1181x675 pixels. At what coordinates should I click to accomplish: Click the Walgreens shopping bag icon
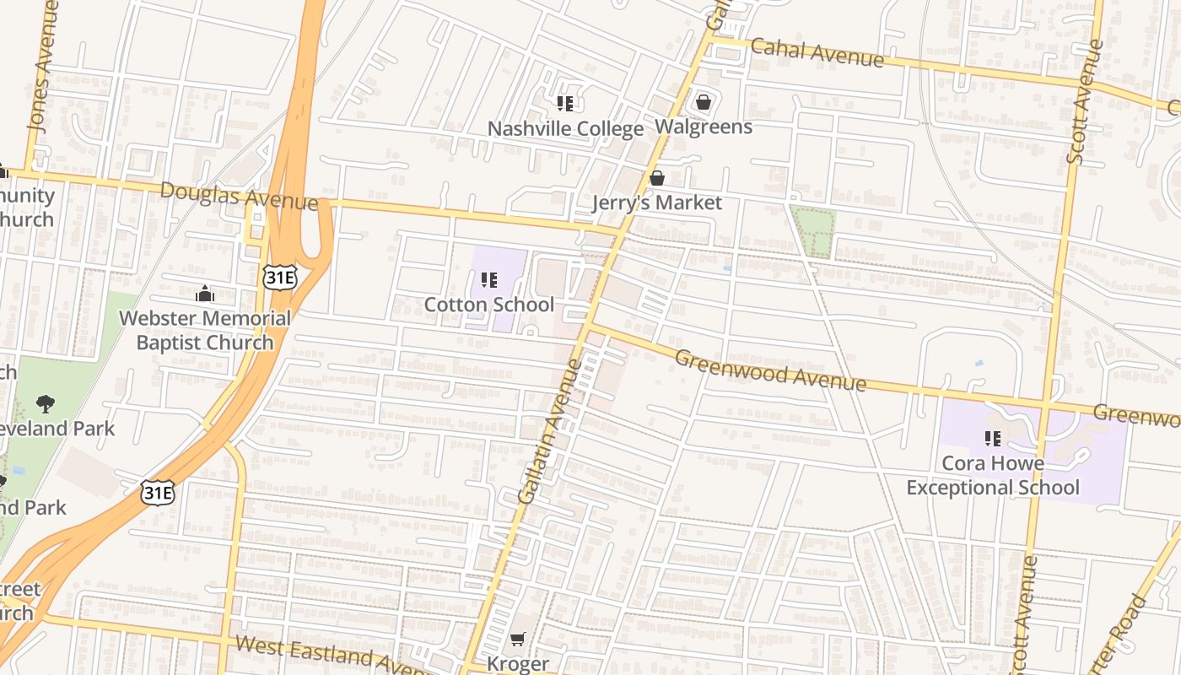coord(704,103)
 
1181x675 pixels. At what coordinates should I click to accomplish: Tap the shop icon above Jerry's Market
coord(656,178)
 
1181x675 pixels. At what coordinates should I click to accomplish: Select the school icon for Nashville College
coord(565,104)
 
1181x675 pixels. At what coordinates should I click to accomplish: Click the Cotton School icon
coord(488,279)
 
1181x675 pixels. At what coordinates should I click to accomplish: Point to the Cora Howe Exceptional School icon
coord(992,438)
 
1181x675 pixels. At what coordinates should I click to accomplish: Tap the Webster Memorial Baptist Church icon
coord(204,294)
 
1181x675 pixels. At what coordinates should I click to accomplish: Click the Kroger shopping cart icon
coord(517,640)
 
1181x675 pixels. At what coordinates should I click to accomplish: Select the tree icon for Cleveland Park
coord(46,404)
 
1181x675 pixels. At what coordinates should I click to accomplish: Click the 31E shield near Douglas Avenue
coord(279,276)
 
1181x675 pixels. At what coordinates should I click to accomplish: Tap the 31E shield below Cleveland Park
coord(158,492)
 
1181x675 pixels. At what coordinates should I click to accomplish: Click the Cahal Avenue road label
coord(817,52)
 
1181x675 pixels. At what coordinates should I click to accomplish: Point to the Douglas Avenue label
coord(239,197)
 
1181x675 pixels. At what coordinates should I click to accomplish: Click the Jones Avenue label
coord(42,65)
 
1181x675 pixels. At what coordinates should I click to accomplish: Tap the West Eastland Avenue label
coord(333,655)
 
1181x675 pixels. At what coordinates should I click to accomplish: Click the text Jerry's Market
coord(656,202)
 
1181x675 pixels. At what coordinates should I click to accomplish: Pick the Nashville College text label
coord(565,129)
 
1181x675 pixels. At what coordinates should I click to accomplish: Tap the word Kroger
coord(518,664)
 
